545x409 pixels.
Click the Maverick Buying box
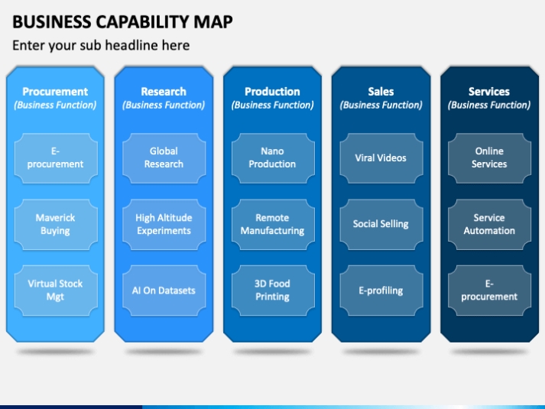click(56, 224)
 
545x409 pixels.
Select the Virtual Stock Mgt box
click(56, 291)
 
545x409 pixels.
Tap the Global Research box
click(164, 157)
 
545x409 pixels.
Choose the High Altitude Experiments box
click(164, 224)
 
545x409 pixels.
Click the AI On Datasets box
click(164, 291)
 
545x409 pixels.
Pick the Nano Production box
click(273, 157)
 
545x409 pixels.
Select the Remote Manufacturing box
click(273, 224)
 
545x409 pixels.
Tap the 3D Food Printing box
click(273, 291)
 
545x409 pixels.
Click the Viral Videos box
click(381, 157)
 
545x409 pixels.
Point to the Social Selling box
click(381, 224)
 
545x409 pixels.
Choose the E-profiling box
click(381, 291)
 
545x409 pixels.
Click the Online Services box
click(489, 157)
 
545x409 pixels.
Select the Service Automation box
click(489, 224)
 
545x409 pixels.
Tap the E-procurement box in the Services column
click(489, 291)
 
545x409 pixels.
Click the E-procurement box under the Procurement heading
click(56, 157)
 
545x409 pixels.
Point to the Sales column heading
click(381, 92)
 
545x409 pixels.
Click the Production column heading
click(272, 92)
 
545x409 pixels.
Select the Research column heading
click(164, 92)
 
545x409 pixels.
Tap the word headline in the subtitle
click(130, 45)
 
